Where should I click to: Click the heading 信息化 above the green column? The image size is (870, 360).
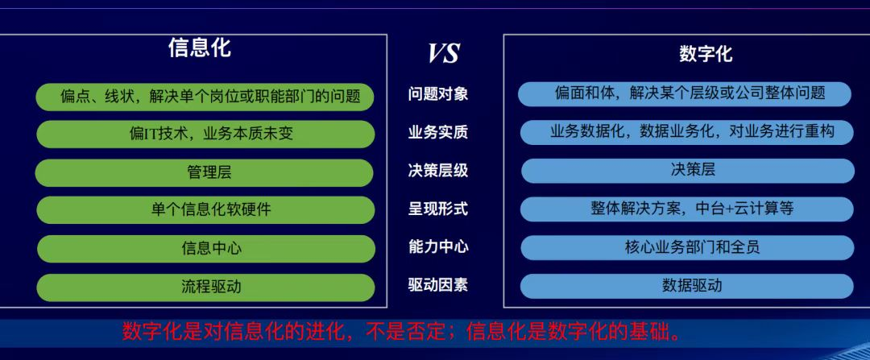[199, 48]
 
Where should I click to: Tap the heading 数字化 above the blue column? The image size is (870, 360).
[706, 54]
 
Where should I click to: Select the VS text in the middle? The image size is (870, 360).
[443, 53]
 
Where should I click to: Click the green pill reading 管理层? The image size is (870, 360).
[205, 172]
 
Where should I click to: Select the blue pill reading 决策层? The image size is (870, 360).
[687, 170]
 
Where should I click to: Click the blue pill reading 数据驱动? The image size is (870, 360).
[687, 286]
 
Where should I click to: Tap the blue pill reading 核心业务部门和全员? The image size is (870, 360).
[687, 247]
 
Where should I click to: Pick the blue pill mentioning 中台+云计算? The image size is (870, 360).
[687, 209]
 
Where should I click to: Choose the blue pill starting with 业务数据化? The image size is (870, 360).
[687, 132]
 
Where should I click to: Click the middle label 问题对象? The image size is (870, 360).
[438, 94]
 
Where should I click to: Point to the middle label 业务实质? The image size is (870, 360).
[438, 133]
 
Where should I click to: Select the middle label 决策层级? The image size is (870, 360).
[438, 171]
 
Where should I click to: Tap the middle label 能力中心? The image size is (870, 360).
[438, 247]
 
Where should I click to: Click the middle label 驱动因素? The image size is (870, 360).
[438, 285]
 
